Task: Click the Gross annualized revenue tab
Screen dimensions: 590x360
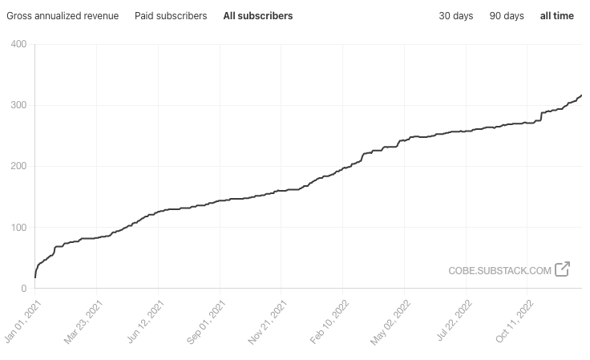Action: point(63,16)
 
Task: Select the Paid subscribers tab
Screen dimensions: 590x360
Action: point(171,16)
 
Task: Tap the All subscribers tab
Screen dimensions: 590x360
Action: point(258,16)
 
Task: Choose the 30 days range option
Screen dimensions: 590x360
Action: point(455,16)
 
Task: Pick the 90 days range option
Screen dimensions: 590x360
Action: point(507,16)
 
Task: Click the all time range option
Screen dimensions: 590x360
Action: point(557,16)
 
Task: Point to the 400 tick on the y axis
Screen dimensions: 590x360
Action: point(18,44)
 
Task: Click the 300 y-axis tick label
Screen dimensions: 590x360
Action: point(18,105)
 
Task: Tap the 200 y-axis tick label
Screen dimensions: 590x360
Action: point(18,166)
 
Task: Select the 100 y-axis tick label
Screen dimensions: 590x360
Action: point(18,227)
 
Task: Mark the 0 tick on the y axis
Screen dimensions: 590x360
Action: point(24,288)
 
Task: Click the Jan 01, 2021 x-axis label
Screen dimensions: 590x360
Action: point(22,322)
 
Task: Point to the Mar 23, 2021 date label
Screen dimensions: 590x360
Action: point(83,322)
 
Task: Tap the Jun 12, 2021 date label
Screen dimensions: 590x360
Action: point(145,322)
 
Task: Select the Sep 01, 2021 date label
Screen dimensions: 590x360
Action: point(206,322)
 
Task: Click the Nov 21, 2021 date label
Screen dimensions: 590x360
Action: point(268,322)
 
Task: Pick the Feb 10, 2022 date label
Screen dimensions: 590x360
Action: point(329,322)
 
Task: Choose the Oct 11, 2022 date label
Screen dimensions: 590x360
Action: point(515,322)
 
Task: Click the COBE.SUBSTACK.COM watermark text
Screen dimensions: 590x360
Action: point(499,270)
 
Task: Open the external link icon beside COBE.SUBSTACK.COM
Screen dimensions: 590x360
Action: point(563,269)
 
